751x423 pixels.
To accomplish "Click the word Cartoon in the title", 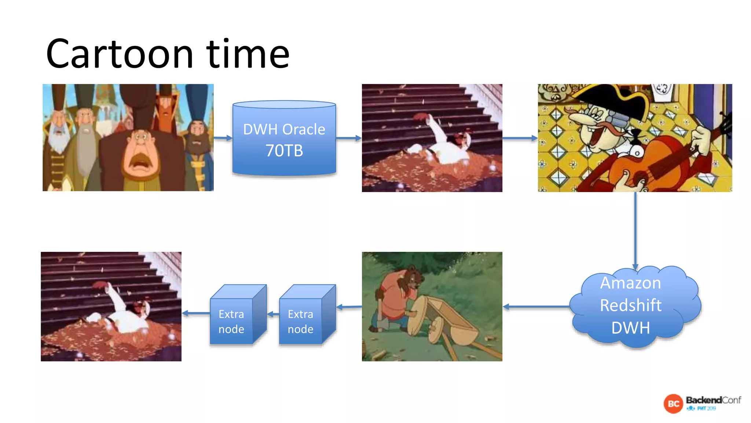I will (119, 54).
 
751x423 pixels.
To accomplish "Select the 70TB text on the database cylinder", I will (284, 151).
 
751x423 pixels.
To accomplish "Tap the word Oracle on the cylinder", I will (304, 129).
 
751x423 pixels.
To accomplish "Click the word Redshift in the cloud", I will (630, 305).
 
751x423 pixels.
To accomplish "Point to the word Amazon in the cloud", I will (630, 283).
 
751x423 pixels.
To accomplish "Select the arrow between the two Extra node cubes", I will (273, 314).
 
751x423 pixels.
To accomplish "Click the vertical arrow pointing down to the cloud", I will (635, 231).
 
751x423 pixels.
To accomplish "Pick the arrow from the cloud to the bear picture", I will (535, 307).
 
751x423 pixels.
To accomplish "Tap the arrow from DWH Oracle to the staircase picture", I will (348, 138).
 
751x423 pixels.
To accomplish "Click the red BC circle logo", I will (673, 404).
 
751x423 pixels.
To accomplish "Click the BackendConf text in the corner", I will (713, 400).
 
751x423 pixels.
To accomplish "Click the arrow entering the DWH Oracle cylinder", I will (223, 138).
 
